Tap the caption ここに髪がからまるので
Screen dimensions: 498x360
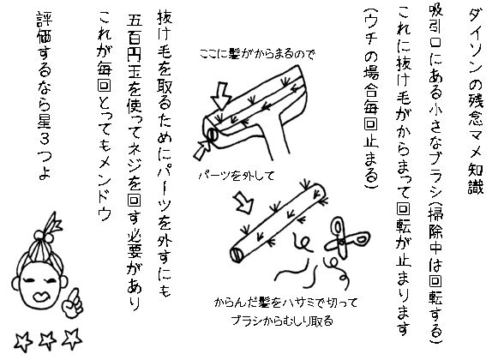[x=257, y=54]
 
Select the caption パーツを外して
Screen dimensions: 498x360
[x=237, y=175]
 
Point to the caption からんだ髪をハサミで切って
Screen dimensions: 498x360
[x=285, y=303]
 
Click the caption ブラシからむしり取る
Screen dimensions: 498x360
[x=282, y=320]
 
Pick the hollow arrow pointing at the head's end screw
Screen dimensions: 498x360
[x=202, y=150]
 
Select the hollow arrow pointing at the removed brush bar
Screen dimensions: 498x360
[x=244, y=202]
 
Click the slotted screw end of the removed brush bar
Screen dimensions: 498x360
[x=237, y=255]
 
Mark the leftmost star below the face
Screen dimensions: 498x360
[x=23, y=341]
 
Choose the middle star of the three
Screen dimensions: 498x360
[x=47, y=339]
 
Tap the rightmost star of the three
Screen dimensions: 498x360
[x=72, y=338]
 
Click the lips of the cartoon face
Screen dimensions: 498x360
[x=41, y=297]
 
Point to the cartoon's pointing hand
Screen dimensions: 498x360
[x=72, y=303]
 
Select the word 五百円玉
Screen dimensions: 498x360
[x=135, y=51]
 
